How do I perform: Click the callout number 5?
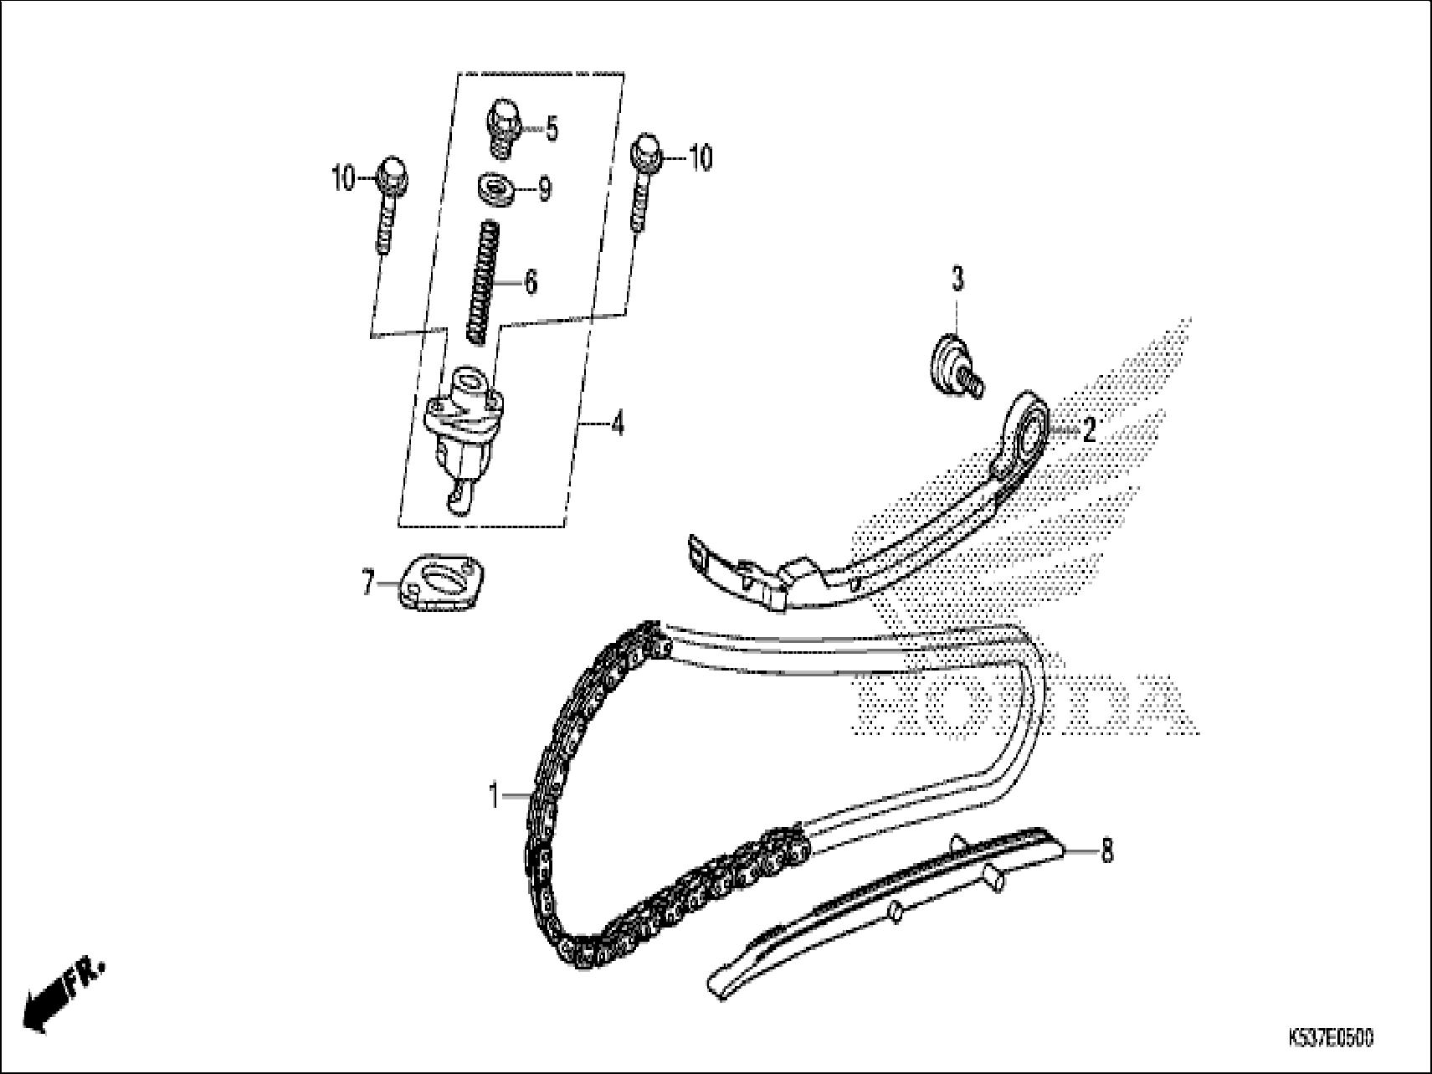tap(552, 130)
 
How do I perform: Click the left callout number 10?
tap(344, 179)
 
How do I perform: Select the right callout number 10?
tap(701, 157)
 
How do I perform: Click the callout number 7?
tap(368, 583)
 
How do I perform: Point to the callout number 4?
tap(617, 426)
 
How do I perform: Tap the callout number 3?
tap(957, 280)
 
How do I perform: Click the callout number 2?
tap(1088, 430)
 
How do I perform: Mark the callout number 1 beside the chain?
tap(495, 794)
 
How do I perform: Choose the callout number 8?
tap(1106, 852)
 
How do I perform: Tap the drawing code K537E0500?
tap(1331, 1039)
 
